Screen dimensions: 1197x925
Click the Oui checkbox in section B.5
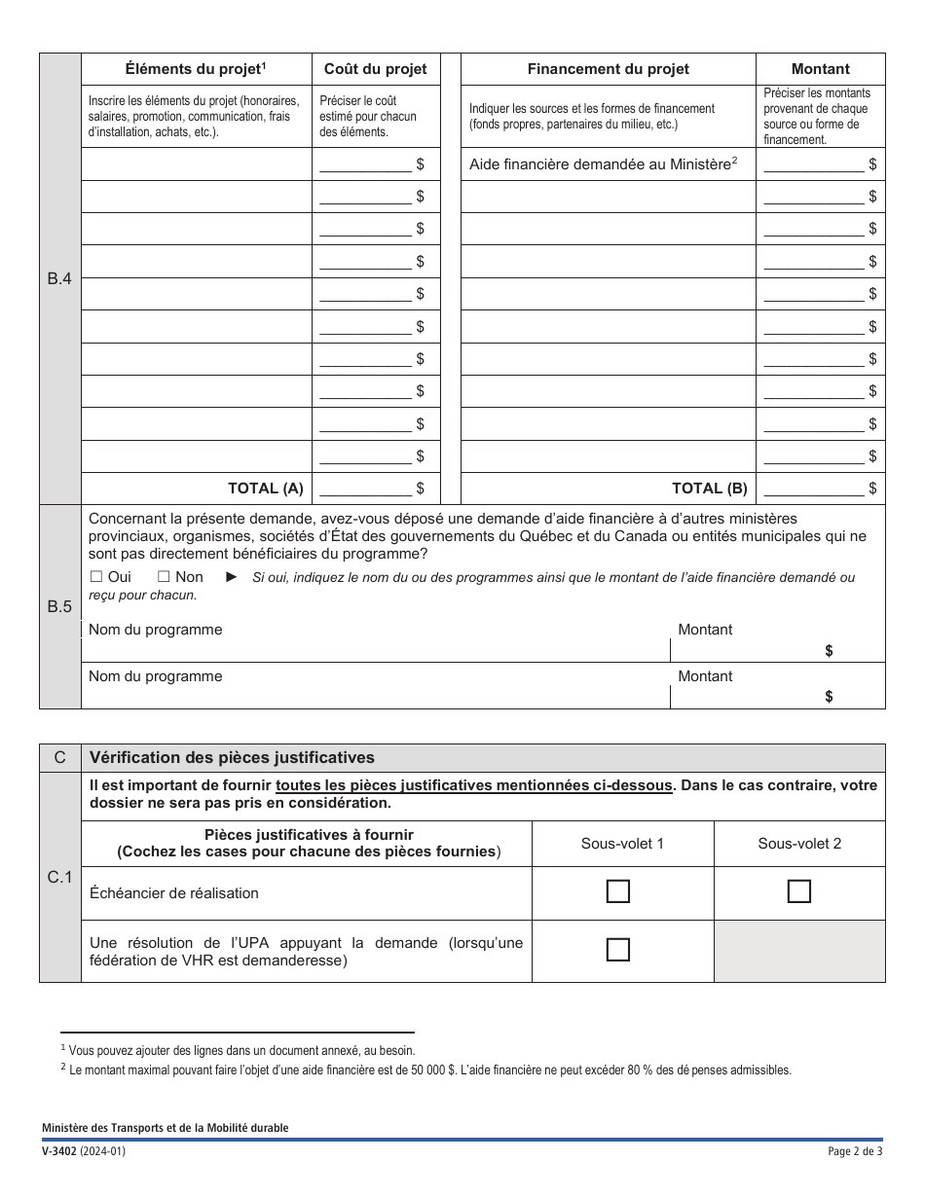[x=96, y=577]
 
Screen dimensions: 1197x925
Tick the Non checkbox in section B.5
[x=164, y=577]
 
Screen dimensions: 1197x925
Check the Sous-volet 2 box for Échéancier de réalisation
[x=798, y=891]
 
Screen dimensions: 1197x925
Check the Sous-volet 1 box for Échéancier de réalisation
[x=617, y=891]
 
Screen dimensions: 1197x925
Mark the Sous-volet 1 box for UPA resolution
[x=617, y=950]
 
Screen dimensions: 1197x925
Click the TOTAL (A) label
[x=266, y=489]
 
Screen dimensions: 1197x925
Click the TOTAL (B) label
[x=710, y=489]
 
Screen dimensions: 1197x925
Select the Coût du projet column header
[x=375, y=69]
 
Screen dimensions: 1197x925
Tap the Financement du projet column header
[x=608, y=69]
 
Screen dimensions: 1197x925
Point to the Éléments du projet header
[x=196, y=69]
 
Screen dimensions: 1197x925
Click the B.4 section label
[x=60, y=278]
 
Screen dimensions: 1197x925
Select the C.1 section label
[x=60, y=878]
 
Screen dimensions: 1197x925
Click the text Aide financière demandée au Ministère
[x=600, y=164]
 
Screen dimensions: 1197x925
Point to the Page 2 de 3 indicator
[x=854, y=1151]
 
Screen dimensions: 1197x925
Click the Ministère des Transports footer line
[x=165, y=1128]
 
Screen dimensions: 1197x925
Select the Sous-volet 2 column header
[x=799, y=844]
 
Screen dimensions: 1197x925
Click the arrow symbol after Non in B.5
[x=232, y=577]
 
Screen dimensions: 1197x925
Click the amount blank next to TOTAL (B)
[x=814, y=489]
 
